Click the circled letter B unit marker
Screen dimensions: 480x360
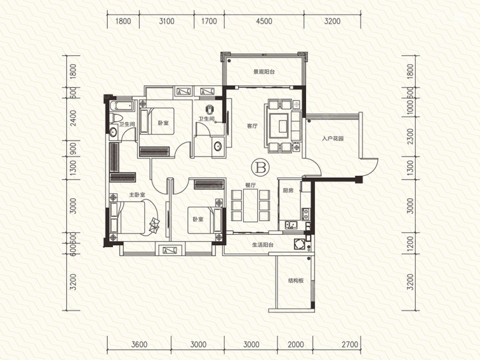(x=260, y=167)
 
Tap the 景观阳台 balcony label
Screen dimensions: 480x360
(x=264, y=72)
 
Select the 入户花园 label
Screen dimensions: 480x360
(x=333, y=139)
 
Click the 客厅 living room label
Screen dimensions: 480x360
(x=252, y=126)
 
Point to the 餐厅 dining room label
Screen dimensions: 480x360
(x=250, y=185)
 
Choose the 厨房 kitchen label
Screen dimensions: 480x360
(x=288, y=190)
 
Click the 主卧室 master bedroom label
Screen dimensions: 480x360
(x=137, y=194)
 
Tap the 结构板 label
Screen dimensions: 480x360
(x=295, y=280)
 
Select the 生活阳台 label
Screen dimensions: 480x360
(x=262, y=245)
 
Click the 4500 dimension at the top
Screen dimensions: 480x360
(x=264, y=21)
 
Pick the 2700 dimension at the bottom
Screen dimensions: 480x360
(x=350, y=345)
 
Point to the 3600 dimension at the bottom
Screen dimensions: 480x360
(x=139, y=345)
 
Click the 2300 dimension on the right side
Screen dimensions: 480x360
(x=411, y=137)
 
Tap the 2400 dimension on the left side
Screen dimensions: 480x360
(x=73, y=118)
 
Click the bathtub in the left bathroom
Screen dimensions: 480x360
(x=122, y=106)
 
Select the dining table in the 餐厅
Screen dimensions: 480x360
(x=250, y=205)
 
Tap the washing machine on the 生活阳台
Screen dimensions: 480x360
(x=298, y=244)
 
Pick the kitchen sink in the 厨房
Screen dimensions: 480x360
(x=291, y=225)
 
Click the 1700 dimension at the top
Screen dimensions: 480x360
(x=209, y=21)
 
